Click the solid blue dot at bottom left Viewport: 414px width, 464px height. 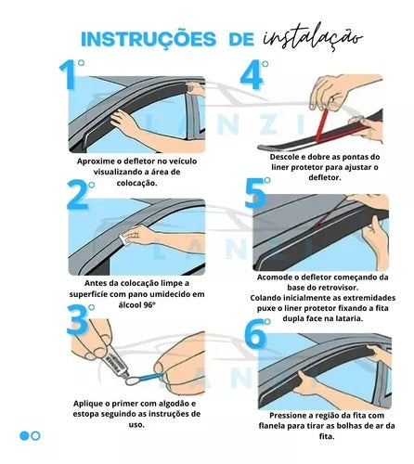(24, 435)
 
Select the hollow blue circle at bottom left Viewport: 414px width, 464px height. (36, 435)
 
